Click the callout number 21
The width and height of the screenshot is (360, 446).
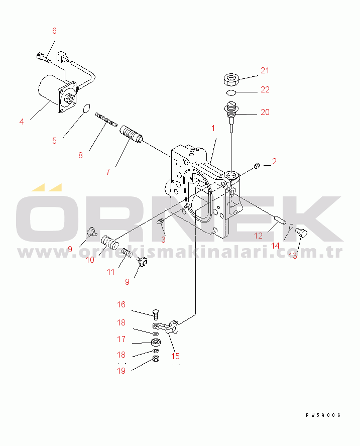(x=265, y=70)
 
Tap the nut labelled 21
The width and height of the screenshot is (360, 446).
(x=231, y=80)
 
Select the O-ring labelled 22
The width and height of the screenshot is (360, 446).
(x=231, y=92)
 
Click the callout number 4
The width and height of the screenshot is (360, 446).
(x=22, y=122)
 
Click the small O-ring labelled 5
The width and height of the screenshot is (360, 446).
(x=86, y=108)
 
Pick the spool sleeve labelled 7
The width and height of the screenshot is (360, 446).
(x=131, y=133)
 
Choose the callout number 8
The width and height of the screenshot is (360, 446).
(x=80, y=155)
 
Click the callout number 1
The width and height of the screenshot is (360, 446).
(x=213, y=128)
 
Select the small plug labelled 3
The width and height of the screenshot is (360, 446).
(x=160, y=221)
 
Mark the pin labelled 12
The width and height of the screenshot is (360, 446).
(x=280, y=220)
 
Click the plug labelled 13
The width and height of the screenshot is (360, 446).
(x=301, y=233)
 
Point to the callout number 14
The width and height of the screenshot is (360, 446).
(x=275, y=246)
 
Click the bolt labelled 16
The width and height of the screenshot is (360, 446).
(x=155, y=314)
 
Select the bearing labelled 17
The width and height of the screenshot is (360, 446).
(x=156, y=342)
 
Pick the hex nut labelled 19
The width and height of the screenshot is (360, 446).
(x=156, y=359)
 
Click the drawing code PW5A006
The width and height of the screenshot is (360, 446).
(x=323, y=415)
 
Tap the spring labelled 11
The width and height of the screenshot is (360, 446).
(x=128, y=253)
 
